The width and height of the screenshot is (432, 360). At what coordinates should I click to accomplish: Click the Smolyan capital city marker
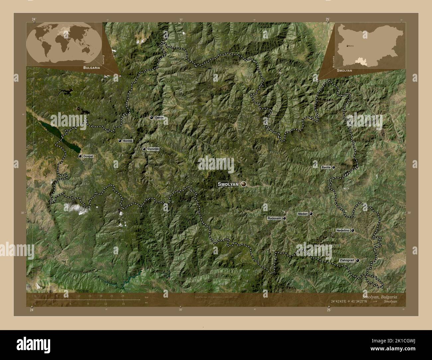(x=244, y=184)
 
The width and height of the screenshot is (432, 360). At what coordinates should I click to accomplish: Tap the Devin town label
(x=159, y=118)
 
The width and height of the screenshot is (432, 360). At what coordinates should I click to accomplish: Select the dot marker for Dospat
(x=80, y=156)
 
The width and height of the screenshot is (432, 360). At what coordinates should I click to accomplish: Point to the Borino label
(x=128, y=141)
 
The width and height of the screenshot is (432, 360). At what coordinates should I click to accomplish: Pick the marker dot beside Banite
(x=333, y=167)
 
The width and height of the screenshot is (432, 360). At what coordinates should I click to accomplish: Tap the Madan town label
(x=303, y=214)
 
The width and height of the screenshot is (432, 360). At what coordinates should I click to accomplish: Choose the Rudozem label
(x=274, y=219)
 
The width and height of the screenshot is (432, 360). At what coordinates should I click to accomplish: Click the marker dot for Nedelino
(x=353, y=230)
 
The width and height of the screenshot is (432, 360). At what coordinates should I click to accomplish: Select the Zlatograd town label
(x=347, y=261)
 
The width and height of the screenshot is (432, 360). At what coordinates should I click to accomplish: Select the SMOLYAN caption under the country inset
(x=345, y=71)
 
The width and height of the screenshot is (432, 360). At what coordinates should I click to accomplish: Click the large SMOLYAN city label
(x=228, y=184)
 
